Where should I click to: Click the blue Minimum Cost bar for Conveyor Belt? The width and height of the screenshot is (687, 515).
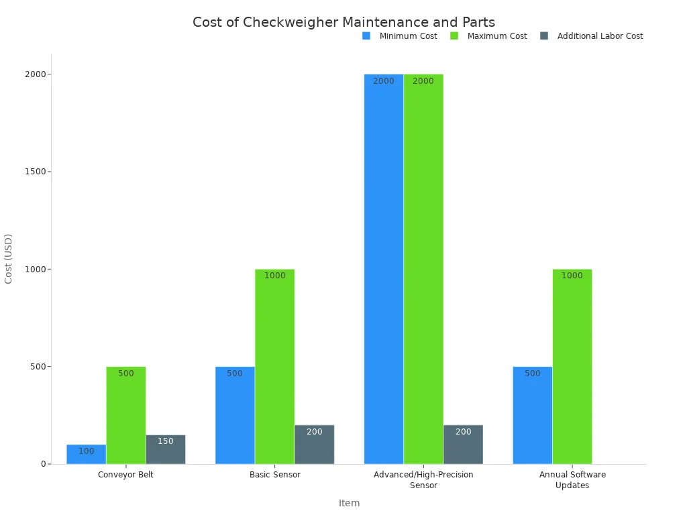(x=86, y=454)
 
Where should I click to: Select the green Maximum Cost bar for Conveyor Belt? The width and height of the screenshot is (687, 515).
(x=125, y=416)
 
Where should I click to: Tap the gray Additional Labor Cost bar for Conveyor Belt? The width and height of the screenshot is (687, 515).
(x=166, y=450)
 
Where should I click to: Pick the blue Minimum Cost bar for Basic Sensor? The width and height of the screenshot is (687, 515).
(x=235, y=416)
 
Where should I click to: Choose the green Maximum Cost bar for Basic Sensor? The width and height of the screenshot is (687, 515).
(x=274, y=367)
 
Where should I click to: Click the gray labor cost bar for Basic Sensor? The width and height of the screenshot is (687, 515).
(x=314, y=445)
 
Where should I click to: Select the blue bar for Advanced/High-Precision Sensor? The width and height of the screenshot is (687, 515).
(x=384, y=268)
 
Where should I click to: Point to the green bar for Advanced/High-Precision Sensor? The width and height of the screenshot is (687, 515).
(x=423, y=268)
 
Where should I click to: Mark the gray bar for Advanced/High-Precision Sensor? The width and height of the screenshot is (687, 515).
(x=463, y=445)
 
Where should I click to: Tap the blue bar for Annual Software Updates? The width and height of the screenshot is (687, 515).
(x=533, y=416)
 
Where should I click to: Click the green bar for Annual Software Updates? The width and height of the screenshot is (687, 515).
(x=572, y=367)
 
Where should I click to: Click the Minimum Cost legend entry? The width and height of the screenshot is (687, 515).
(x=400, y=36)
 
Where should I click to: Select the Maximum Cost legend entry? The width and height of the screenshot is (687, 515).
(x=489, y=36)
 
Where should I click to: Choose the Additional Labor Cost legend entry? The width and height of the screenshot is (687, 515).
(x=592, y=36)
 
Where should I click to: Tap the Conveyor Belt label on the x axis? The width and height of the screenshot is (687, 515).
(x=125, y=475)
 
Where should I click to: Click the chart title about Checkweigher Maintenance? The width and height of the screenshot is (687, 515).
(x=343, y=22)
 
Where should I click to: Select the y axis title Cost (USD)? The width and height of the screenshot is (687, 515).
(x=9, y=259)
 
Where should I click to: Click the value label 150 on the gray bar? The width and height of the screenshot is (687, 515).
(x=166, y=441)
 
